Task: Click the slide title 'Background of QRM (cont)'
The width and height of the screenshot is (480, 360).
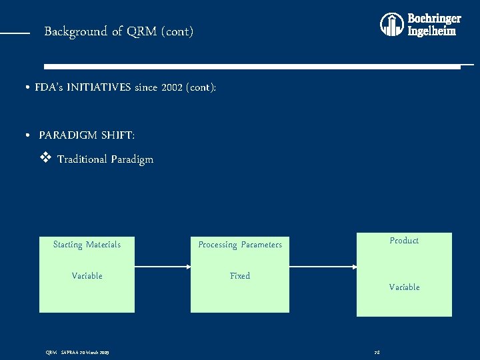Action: [x=119, y=31]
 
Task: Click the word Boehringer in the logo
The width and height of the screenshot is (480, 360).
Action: [x=434, y=19]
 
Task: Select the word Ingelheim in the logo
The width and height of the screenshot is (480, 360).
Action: [x=432, y=31]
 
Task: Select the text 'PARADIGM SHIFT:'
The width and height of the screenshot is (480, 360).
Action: [x=87, y=135]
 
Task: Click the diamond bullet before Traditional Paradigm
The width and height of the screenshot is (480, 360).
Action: [x=46, y=159]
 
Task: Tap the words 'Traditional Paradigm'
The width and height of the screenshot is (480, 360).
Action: [x=105, y=159]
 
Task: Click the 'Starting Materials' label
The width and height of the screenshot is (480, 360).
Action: [x=87, y=245]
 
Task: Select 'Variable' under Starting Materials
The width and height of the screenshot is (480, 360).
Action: [x=87, y=276]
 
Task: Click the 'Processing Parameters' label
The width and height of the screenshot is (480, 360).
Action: [x=240, y=245]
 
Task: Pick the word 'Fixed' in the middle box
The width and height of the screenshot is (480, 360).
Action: [x=240, y=276]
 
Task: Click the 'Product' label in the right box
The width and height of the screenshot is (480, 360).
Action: [x=404, y=241]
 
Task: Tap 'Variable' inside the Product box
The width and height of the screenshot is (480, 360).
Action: [x=404, y=287]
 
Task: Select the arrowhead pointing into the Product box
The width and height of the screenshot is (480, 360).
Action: [x=353, y=267]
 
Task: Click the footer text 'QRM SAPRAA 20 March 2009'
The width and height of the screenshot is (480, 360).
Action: [x=77, y=352]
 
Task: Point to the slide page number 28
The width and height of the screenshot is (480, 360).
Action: [x=377, y=352]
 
